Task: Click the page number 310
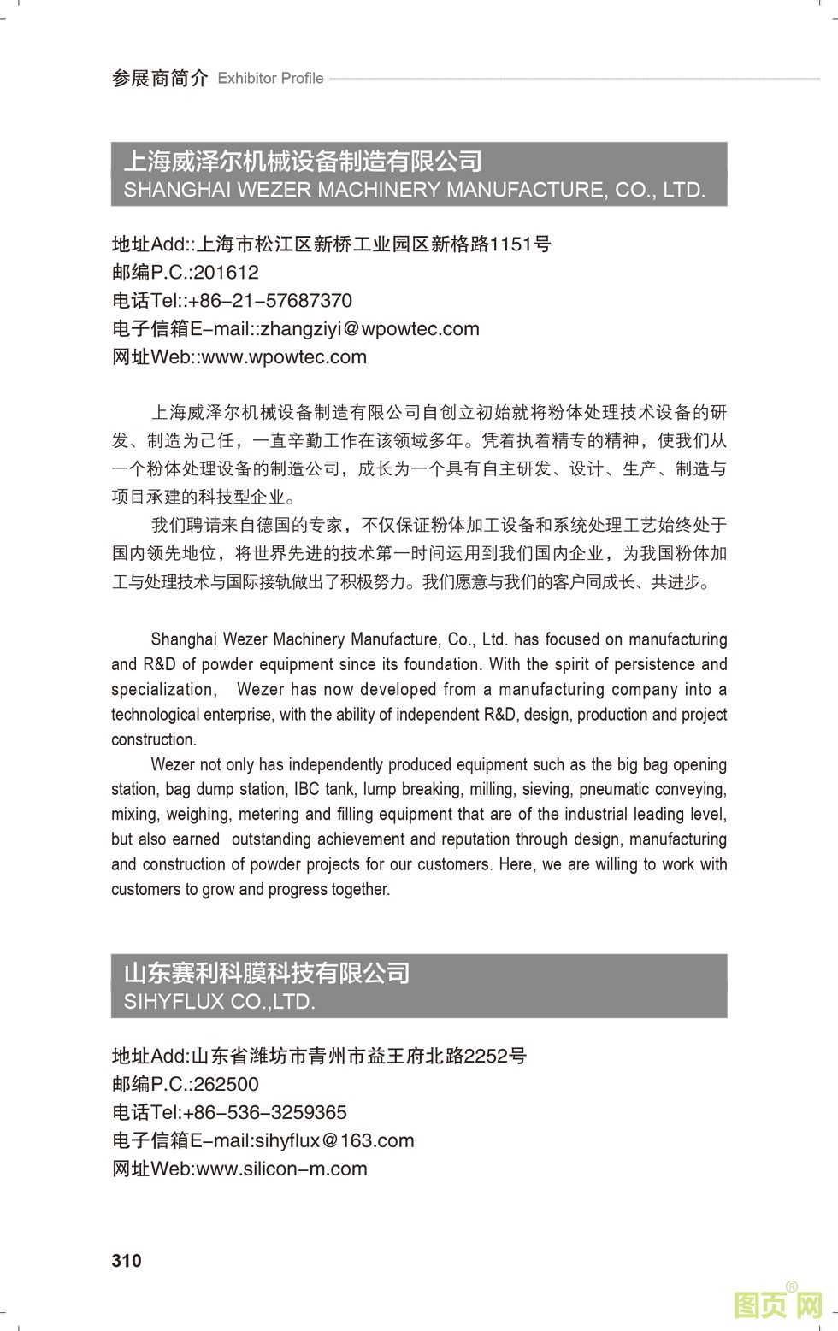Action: (127, 1260)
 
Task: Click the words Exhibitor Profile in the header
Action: (270, 79)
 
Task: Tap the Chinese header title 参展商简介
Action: (160, 79)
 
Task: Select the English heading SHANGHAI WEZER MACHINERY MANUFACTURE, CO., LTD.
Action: (415, 190)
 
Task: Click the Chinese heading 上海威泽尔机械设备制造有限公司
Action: (304, 161)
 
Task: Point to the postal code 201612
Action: (226, 273)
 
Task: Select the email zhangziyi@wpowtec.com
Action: (369, 329)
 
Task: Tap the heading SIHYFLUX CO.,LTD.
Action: (220, 1001)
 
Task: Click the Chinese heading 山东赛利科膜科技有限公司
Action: (267, 973)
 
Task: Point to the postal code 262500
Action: (226, 1084)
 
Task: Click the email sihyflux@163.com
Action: (334, 1140)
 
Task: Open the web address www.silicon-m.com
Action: (281, 1169)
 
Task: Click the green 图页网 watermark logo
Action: (778, 1304)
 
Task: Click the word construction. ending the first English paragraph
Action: (154, 739)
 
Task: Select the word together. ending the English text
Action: (361, 889)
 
